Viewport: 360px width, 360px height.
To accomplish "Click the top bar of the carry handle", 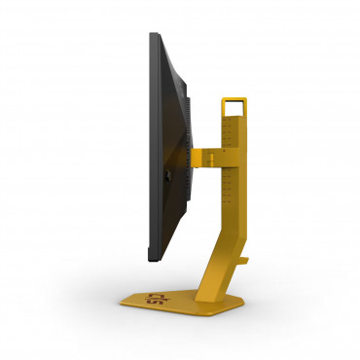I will click(234, 96).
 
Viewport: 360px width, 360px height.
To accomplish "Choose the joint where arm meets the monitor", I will click(191, 155).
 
